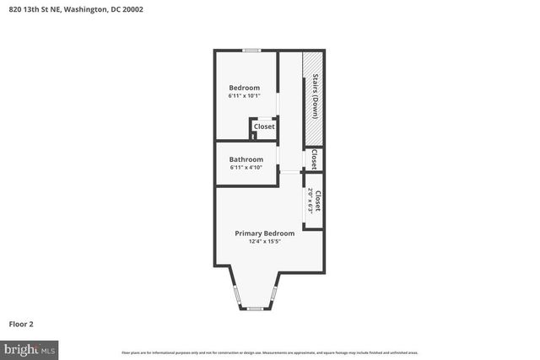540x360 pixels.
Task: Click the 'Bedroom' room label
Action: tap(244, 88)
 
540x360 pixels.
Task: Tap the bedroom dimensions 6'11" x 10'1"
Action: tap(244, 96)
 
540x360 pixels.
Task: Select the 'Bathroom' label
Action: tap(246, 159)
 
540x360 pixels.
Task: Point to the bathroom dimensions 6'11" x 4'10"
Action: tap(246, 168)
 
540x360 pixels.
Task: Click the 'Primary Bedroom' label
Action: tap(264, 234)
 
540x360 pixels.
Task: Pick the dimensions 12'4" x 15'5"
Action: tap(264, 242)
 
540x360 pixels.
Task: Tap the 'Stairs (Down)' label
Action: tap(315, 95)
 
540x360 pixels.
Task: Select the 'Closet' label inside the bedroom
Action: tap(264, 126)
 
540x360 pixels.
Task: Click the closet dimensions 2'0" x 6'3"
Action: tap(310, 201)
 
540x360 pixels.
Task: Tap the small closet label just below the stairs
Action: tap(315, 159)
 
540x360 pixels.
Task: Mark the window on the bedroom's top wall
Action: tap(251, 51)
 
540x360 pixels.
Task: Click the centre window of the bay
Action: tap(255, 309)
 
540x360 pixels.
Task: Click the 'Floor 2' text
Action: tap(21, 324)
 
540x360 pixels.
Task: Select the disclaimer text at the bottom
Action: tap(269, 352)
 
